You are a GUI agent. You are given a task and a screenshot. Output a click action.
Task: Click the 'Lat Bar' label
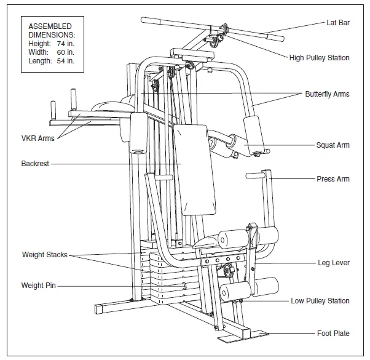[x=337, y=23]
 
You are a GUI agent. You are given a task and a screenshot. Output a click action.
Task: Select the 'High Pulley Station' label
[x=319, y=58]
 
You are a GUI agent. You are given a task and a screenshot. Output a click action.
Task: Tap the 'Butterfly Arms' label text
[x=327, y=94]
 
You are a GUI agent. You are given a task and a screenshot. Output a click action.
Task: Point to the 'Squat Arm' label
[x=333, y=145]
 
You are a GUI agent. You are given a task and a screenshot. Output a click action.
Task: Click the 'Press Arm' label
[x=333, y=179]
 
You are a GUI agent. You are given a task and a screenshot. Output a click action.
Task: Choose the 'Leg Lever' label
[x=333, y=263]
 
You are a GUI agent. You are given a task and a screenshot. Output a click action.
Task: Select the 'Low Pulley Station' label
[x=320, y=301]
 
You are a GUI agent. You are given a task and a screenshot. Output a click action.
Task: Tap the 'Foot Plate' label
[x=333, y=334]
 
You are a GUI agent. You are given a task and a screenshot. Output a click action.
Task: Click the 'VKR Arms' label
[x=37, y=138]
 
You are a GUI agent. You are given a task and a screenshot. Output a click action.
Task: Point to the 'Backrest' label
[x=35, y=164]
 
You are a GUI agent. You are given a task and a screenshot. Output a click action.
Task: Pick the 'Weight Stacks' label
[x=44, y=255]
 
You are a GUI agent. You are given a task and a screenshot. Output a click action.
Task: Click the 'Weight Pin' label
[x=40, y=286]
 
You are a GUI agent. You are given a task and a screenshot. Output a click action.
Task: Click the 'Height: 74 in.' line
[x=51, y=44]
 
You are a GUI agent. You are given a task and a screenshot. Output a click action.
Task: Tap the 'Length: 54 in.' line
[x=51, y=61]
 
